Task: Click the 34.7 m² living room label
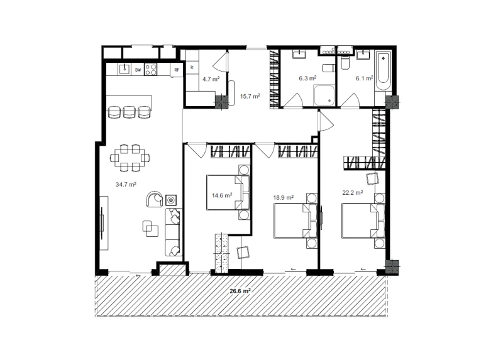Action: [x=126, y=184]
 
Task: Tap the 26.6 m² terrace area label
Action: [x=240, y=291]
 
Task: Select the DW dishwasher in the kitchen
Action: [x=138, y=70]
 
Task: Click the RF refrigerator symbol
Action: [x=177, y=70]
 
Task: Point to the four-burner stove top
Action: [x=151, y=70]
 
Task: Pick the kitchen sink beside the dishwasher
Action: [x=124, y=69]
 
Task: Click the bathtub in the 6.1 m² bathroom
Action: [x=384, y=70]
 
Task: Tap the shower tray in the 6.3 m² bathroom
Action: [x=324, y=95]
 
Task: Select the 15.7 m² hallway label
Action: [x=250, y=96]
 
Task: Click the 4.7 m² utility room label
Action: [x=211, y=79]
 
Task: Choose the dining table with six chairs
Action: [x=130, y=158]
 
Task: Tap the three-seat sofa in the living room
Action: [x=174, y=232]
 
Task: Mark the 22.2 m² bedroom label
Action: [x=353, y=193]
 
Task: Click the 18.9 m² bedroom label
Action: [x=284, y=198]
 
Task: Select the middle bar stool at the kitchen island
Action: [x=130, y=112]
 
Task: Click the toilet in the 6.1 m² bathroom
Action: [x=345, y=63]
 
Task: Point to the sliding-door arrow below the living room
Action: [x=138, y=276]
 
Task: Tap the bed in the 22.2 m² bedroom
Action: [x=363, y=221]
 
